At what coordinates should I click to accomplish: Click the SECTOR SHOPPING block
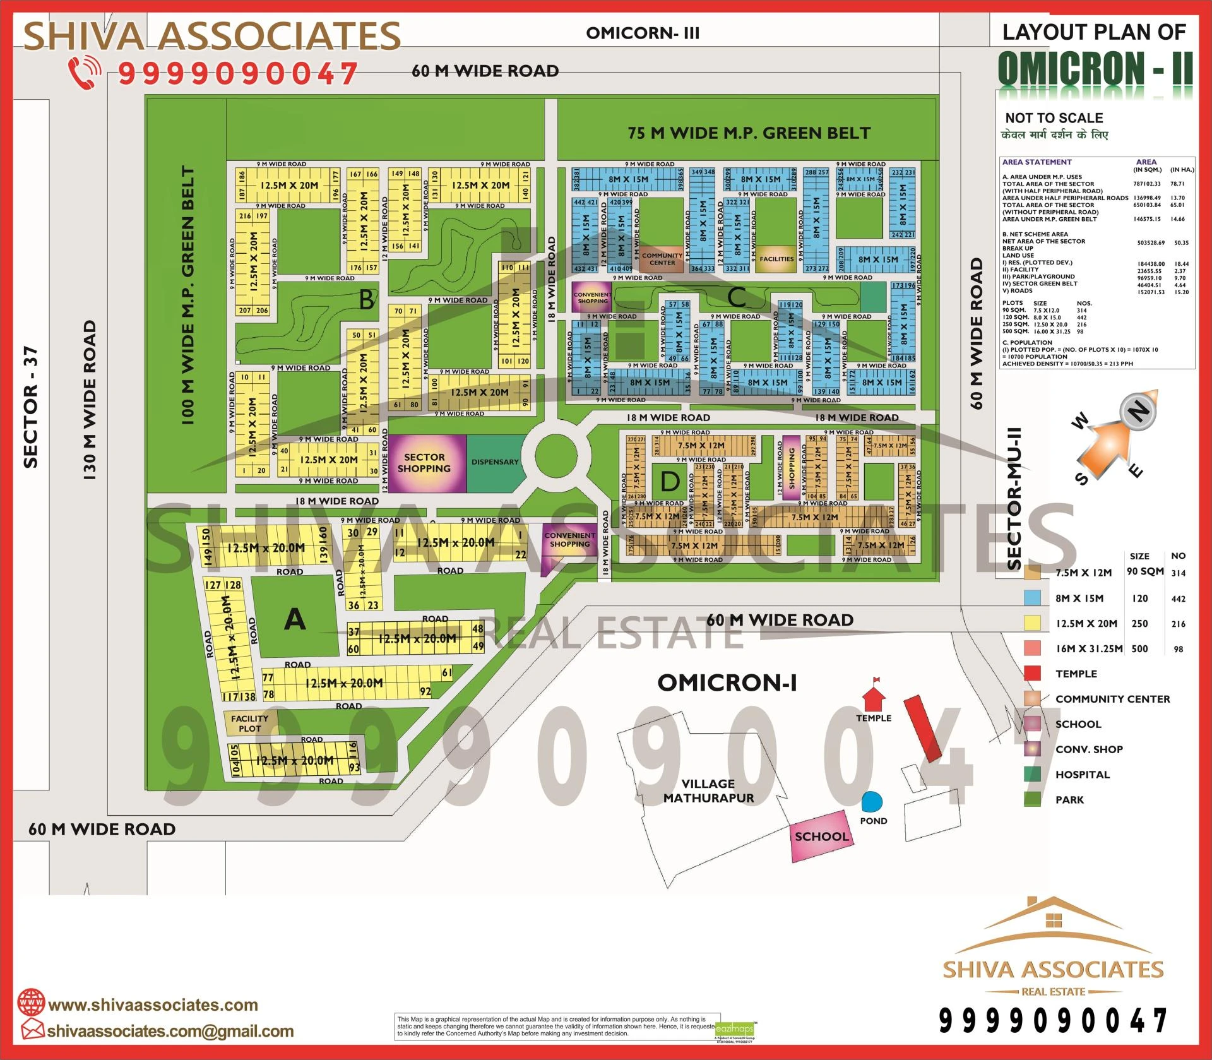pyautogui.click(x=424, y=463)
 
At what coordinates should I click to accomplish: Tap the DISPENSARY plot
pyautogui.click(x=496, y=463)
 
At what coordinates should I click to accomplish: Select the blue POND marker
pyautogui.click(x=872, y=802)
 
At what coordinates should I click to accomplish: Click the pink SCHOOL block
pyautogui.click(x=821, y=837)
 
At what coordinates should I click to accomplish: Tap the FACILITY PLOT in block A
pyautogui.click(x=249, y=723)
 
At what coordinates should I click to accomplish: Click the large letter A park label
pyautogui.click(x=295, y=619)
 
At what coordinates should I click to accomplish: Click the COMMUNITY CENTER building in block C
pyautogui.click(x=662, y=259)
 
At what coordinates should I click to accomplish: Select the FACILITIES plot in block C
pyautogui.click(x=776, y=259)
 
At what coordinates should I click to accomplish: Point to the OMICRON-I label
pyautogui.click(x=727, y=682)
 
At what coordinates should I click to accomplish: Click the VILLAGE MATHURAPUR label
pyautogui.click(x=708, y=790)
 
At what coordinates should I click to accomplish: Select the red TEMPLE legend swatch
pyautogui.click(x=1033, y=674)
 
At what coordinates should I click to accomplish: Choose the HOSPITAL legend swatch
pyautogui.click(x=1033, y=774)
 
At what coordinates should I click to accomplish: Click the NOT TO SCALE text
pyautogui.click(x=1054, y=118)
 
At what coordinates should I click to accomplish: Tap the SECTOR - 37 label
pyautogui.click(x=31, y=407)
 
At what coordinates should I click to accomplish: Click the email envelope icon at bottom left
pyautogui.click(x=32, y=1030)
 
